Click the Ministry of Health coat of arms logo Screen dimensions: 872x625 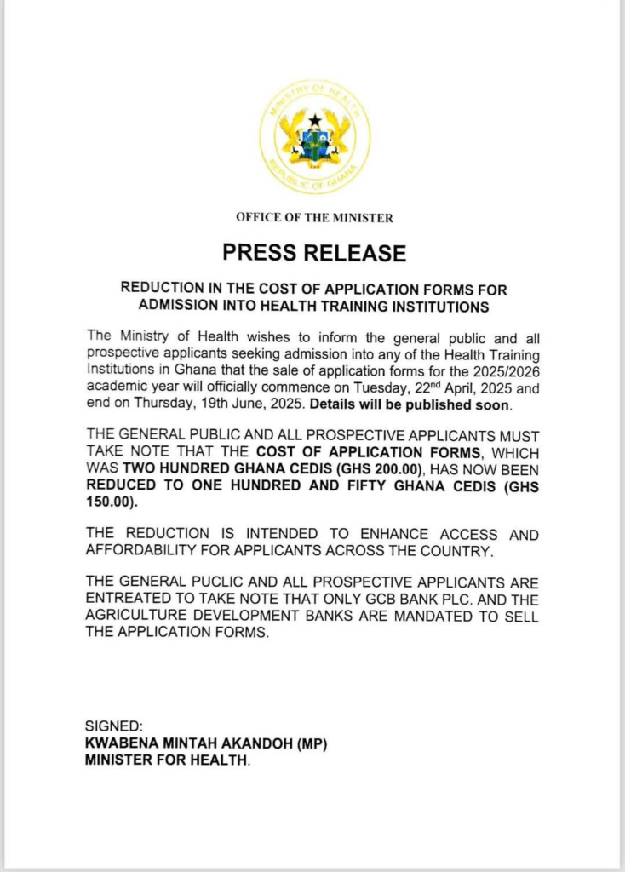tap(314, 136)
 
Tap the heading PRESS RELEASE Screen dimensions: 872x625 tap(314, 252)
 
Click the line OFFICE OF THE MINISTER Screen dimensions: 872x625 tap(314, 218)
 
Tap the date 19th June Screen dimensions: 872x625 tap(303, 404)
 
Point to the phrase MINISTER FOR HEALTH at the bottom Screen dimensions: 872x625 tap(167, 760)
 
